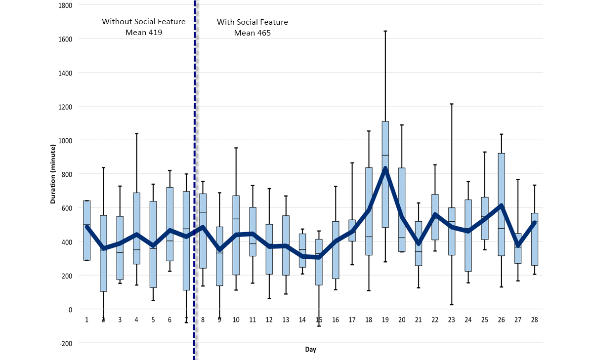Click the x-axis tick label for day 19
click(x=385, y=320)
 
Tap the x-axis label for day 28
click(x=534, y=320)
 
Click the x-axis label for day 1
click(x=86, y=320)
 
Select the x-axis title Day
click(x=310, y=350)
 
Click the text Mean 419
click(x=144, y=33)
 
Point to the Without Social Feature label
click(x=144, y=22)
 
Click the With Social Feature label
click(x=253, y=22)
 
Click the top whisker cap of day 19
click(x=385, y=31)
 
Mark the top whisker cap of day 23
click(x=451, y=104)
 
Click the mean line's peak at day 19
click(x=385, y=169)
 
